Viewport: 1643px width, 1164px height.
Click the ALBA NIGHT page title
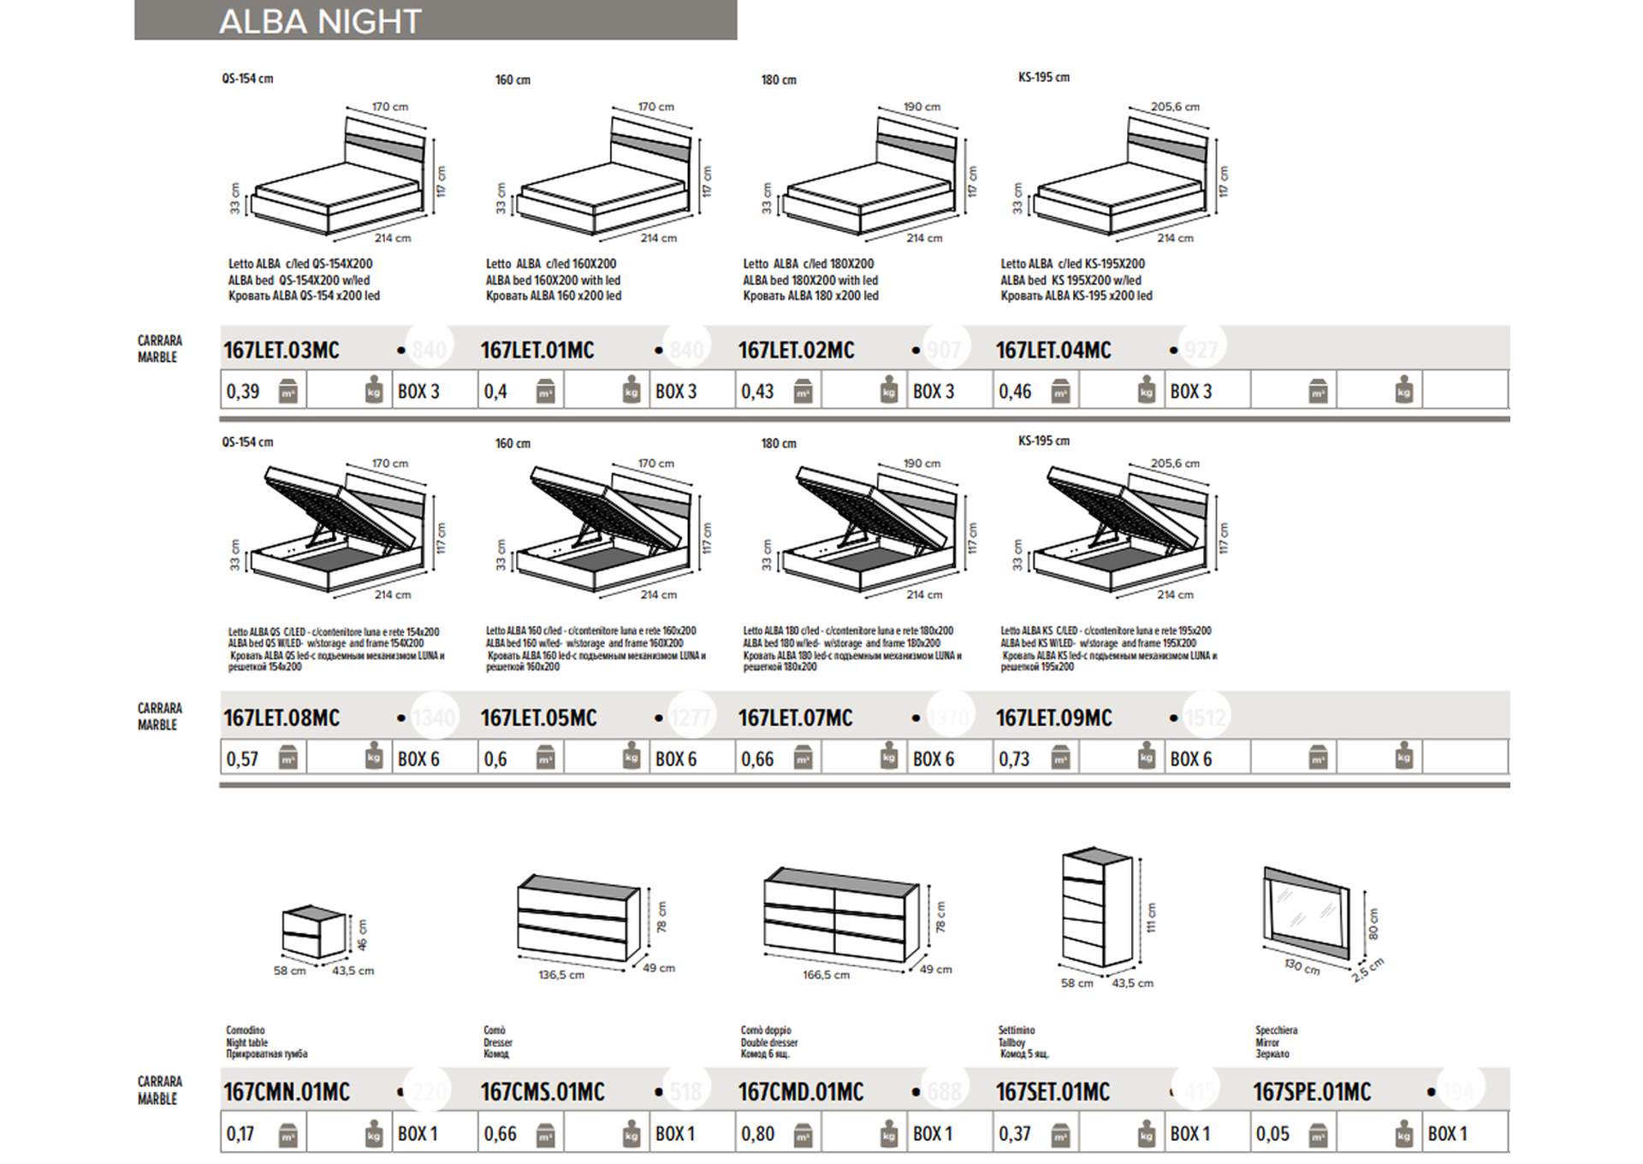(320, 21)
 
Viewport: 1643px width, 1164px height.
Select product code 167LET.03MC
(281, 350)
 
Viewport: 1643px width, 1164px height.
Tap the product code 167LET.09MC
(1053, 718)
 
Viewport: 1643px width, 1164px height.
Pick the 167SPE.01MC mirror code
(1311, 1091)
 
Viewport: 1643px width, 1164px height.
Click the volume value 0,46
(1015, 392)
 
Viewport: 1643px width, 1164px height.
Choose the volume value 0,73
(1014, 759)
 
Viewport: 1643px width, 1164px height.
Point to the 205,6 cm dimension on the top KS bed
(1174, 107)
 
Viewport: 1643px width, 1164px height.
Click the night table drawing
(314, 932)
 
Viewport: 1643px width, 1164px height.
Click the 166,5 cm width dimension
(826, 974)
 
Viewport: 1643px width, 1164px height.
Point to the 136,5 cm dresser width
(561, 974)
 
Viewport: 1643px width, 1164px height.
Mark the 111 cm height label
(1152, 917)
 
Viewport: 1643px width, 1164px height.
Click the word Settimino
(1016, 1030)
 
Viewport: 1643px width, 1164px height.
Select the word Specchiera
(1276, 1030)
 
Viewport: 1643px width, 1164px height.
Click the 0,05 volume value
(1272, 1133)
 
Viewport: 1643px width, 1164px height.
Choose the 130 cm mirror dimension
(1302, 966)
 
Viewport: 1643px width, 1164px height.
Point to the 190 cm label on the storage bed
(921, 463)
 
